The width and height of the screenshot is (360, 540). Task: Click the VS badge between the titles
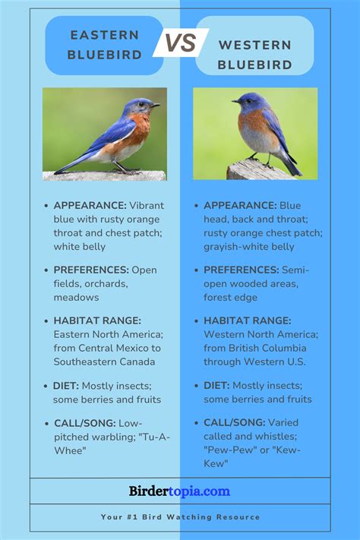[181, 43]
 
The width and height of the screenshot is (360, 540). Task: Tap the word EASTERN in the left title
[105, 35]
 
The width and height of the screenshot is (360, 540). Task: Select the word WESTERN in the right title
[255, 45]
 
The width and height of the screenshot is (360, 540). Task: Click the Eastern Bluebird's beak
[156, 105]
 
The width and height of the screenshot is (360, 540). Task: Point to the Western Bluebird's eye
[248, 101]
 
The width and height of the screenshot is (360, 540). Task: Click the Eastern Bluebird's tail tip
[57, 172]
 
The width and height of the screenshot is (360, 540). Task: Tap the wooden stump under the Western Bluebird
[257, 170]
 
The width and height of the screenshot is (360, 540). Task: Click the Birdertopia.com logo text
[179, 491]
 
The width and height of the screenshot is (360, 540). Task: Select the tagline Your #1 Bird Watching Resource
[180, 517]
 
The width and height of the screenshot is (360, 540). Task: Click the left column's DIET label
[66, 386]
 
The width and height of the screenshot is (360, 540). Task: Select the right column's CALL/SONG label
[234, 422]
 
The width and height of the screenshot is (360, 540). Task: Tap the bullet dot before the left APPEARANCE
[46, 206]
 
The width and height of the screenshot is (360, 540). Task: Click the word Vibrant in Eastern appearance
[147, 206]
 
